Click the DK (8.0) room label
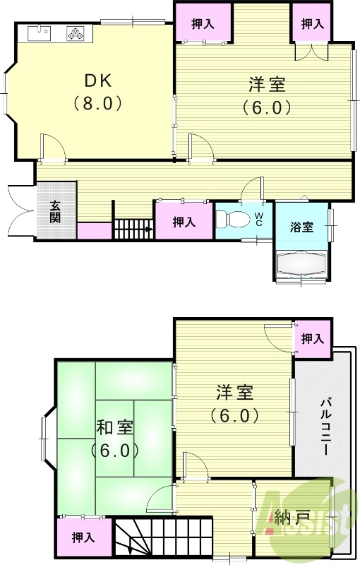point(98,90)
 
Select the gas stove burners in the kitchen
point(76,32)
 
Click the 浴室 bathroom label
point(301,227)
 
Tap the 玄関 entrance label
point(55,211)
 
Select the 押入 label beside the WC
point(184,222)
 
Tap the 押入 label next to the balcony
point(312,339)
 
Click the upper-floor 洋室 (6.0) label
point(235,403)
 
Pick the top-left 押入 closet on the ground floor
point(203,24)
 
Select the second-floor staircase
point(163,537)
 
